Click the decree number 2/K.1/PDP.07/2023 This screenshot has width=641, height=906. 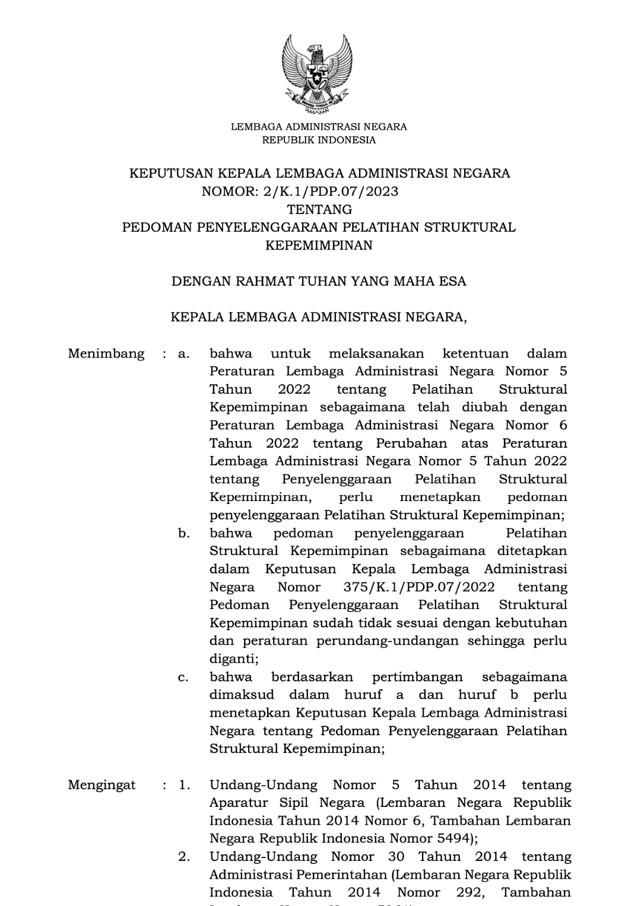point(331,191)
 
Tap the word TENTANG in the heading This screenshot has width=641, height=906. point(319,209)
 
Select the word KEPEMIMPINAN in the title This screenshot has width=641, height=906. point(319,245)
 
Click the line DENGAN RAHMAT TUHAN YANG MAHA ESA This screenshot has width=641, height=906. point(319,281)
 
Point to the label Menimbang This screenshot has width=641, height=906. point(106,354)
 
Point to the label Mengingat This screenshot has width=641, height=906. point(101,785)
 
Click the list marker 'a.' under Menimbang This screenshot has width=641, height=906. point(184,354)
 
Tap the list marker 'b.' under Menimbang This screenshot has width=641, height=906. point(184,534)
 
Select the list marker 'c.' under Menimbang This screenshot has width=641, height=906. point(184,677)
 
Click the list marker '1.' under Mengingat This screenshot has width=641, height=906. point(185,785)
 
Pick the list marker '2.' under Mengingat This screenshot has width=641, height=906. point(185,857)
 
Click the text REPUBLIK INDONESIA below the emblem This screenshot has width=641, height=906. point(319,141)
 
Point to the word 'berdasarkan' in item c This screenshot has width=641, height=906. point(312,677)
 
